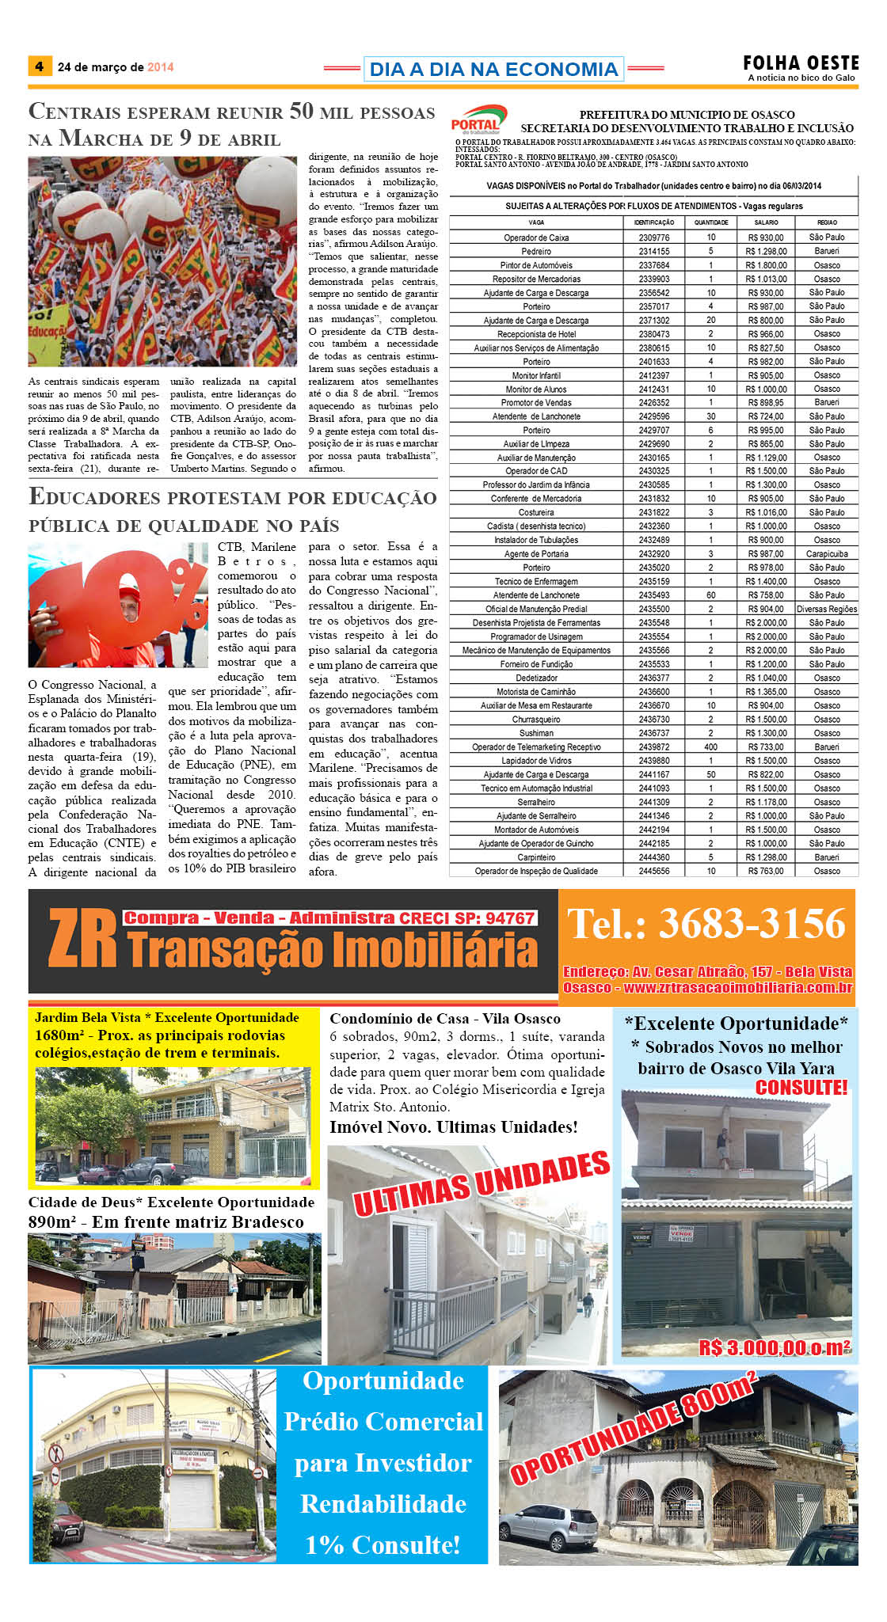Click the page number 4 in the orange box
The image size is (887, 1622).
[39, 66]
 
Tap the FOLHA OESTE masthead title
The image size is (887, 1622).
[800, 63]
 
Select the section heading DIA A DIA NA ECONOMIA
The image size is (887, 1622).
[493, 70]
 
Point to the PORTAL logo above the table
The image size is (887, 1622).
[478, 120]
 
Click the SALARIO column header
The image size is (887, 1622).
[766, 222]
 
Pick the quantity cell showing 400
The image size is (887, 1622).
[710, 747]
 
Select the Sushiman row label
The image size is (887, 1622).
[536, 733]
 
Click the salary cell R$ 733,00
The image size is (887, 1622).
[766, 747]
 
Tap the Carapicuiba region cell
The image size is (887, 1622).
[827, 554]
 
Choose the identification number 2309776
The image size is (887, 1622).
[653, 237]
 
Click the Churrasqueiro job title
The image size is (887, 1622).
[536, 720]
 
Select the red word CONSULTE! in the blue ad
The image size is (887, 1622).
[801, 1088]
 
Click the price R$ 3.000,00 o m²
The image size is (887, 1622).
[774, 1347]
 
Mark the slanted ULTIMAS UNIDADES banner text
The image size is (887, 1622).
[481, 1184]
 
